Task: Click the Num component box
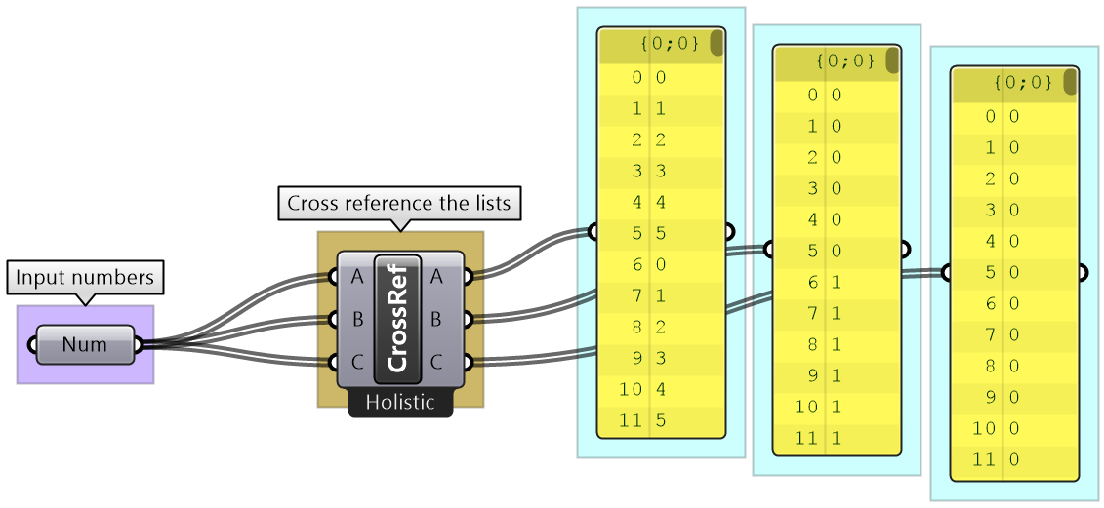pos(85,344)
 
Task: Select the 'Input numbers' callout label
pos(85,278)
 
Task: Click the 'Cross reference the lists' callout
pos(399,204)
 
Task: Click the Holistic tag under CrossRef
pos(400,402)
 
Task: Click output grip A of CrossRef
pos(468,277)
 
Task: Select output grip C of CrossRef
pos(468,362)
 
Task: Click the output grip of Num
pos(138,344)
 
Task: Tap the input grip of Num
pos(32,344)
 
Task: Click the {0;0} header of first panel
pos(661,44)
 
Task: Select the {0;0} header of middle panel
pos(836,61)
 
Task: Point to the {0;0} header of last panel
pos(1015,83)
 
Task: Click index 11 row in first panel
pos(661,421)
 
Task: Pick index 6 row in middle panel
pos(836,282)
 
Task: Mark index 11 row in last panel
pos(1015,459)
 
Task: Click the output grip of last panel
pos(1084,273)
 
